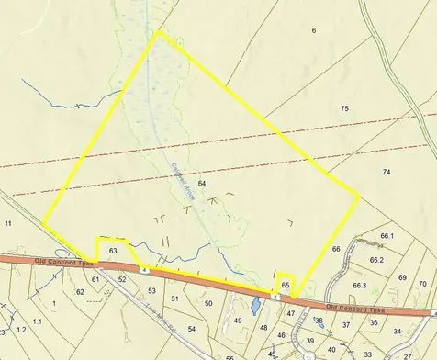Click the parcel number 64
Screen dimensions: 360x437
(201, 185)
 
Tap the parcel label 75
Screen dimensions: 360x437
(344, 108)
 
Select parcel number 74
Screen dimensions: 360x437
(387, 172)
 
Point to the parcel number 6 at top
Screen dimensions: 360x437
(313, 30)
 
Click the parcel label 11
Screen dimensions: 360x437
(8, 223)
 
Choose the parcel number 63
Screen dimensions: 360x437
(113, 249)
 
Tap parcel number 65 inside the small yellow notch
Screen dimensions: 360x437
(286, 287)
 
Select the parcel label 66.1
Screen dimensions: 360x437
(387, 236)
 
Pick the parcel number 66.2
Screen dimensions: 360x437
(376, 260)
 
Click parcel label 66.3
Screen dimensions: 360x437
(359, 286)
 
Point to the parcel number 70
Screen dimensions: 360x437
(421, 284)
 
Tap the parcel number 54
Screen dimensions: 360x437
(192, 328)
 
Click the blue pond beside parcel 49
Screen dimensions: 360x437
(252, 305)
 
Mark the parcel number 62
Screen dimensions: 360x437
(80, 292)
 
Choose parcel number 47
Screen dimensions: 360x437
(291, 313)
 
